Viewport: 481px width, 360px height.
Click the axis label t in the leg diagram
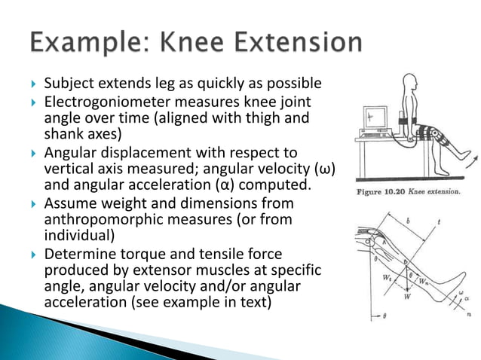point(449,224)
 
